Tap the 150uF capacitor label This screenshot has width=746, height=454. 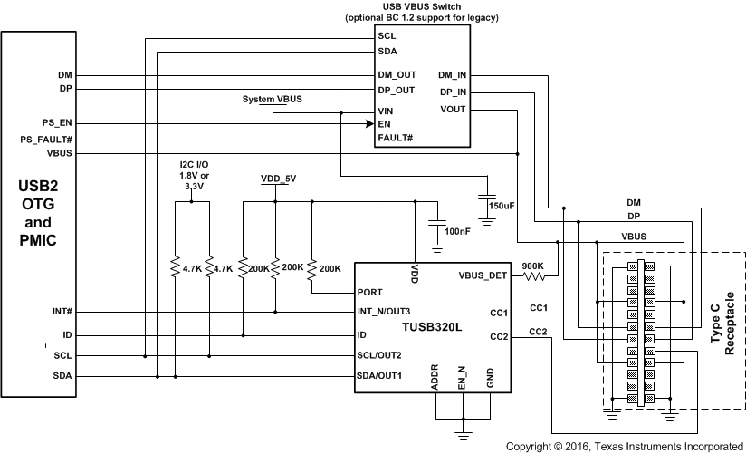coord(501,207)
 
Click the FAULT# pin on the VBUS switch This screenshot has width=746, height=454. coord(396,138)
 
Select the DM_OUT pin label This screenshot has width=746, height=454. coord(397,75)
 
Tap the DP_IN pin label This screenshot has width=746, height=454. coord(453,92)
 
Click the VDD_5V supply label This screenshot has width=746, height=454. coord(278,179)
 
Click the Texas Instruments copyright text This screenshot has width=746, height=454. coord(625,446)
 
